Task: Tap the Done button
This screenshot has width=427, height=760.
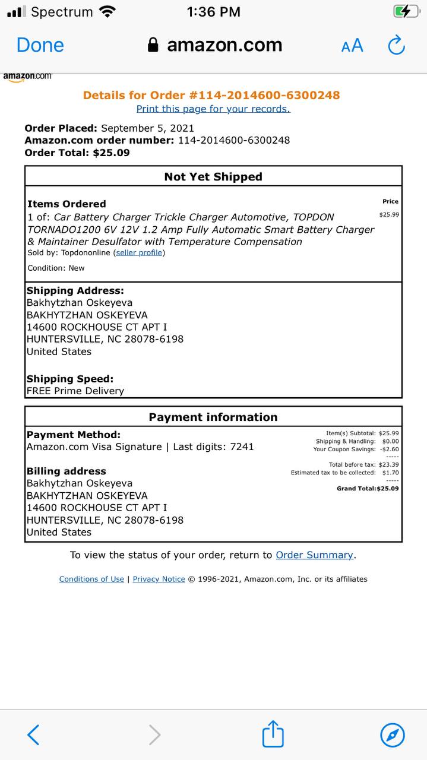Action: pos(40,45)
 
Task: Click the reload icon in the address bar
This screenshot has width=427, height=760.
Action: pos(396,45)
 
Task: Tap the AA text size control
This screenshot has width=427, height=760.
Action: pos(352,46)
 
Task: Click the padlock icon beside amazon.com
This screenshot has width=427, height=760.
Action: pos(153,45)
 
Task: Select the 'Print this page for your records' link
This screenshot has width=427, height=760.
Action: pos(213,109)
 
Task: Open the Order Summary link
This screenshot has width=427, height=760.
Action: pos(314,555)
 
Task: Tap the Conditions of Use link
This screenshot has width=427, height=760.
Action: pos(91,579)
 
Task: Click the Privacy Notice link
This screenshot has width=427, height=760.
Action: pos(159,579)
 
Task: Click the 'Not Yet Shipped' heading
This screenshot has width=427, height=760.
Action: pos(213,176)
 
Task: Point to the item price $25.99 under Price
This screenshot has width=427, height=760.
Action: pos(389,214)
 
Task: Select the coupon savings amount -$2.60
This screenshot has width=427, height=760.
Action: pos(390,449)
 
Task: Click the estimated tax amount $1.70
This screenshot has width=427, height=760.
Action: pos(390,473)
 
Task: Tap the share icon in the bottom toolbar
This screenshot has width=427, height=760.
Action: pos(273,734)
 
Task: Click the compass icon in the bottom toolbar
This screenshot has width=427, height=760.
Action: pos(392,734)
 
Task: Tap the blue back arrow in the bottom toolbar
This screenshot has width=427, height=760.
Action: pos(34,734)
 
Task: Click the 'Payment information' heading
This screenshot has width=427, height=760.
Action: pos(213,417)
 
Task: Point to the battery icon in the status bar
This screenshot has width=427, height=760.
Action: pos(406,11)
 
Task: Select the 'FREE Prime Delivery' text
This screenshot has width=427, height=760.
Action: pos(75,391)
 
